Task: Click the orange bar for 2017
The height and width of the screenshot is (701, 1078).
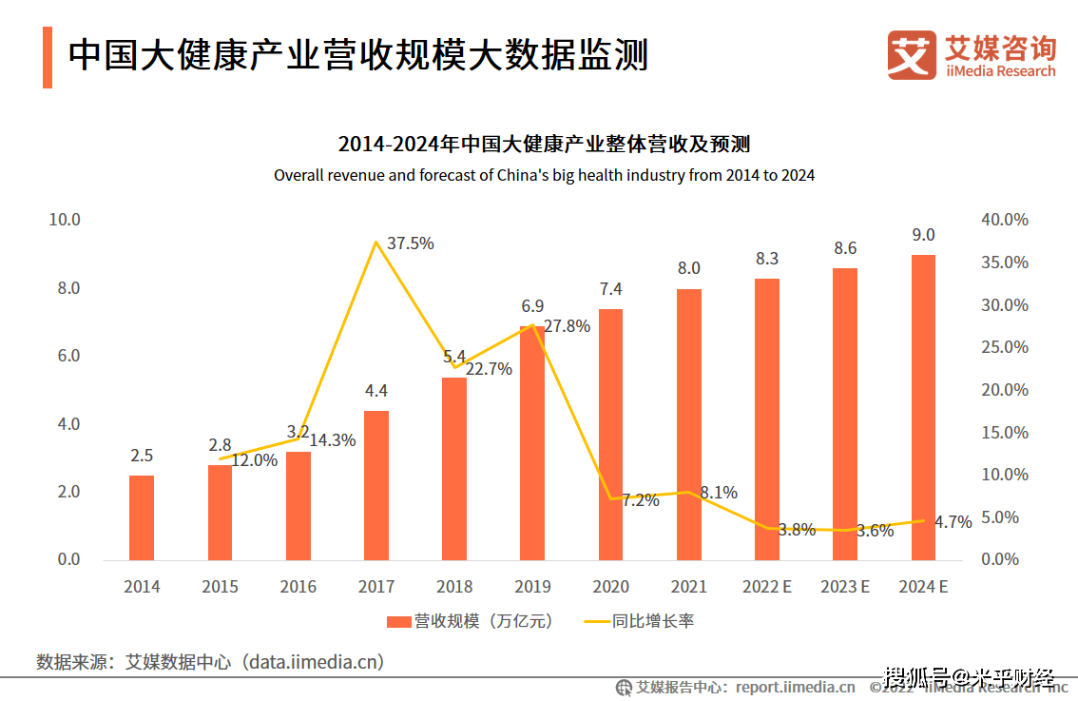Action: [x=376, y=485]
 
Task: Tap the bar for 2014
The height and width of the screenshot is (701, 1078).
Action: [x=142, y=517]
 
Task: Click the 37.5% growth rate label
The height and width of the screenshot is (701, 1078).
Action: [x=411, y=243]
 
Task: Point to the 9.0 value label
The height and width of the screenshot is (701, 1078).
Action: [x=923, y=235]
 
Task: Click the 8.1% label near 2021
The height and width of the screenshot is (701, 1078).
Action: [x=719, y=493]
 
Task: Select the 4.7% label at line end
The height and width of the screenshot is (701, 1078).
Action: [x=953, y=522]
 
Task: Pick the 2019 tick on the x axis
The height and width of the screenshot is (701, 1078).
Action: [x=532, y=587]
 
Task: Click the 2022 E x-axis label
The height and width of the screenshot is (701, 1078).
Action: [x=767, y=587]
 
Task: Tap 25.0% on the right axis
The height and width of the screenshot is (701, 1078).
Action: [x=1005, y=347]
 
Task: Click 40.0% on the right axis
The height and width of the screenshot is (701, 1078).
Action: [x=1005, y=220]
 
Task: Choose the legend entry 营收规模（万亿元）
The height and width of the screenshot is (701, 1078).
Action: [x=471, y=621]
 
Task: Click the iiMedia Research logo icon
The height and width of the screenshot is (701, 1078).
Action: [x=912, y=55]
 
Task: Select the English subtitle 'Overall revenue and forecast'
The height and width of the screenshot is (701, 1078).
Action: [x=544, y=176]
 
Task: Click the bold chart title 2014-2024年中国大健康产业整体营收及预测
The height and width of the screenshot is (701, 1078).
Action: [x=544, y=145]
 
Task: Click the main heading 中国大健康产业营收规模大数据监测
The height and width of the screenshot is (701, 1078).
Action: [x=358, y=55]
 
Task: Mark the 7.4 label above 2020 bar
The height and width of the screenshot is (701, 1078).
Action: [x=611, y=289]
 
